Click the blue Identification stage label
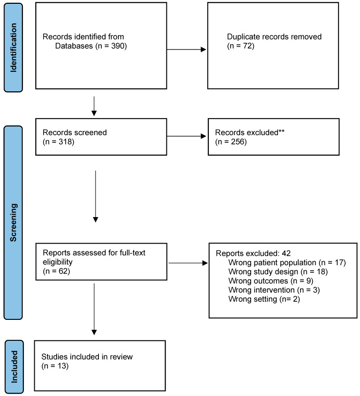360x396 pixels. pyautogui.click(x=13, y=48)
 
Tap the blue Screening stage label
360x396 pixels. pyautogui.click(x=13, y=222)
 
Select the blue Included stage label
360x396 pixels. pyautogui.click(x=14, y=366)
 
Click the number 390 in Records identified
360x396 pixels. pyautogui.click(x=118, y=46)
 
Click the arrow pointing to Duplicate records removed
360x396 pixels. pyautogui.click(x=186, y=49)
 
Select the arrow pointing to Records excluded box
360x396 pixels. pyautogui.click(x=186, y=137)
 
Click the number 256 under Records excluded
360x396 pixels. pyautogui.click(x=238, y=142)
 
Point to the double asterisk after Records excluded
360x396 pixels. pyautogui.click(x=282, y=131)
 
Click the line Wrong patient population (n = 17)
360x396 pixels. pyautogui.click(x=287, y=263)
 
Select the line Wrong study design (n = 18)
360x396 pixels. pyautogui.click(x=278, y=272)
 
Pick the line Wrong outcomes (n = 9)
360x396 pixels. pyautogui.click(x=271, y=281)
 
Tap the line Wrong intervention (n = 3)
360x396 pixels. pyautogui.click(x=274, y=290)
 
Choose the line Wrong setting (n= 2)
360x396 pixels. pyautogui.click(x=264, y=299)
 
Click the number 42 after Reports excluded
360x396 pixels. pyautogui.click(x=286, y=253)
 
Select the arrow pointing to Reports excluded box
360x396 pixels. pyautogui.click(x=188, y=263)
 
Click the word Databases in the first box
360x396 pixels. pyautogui.click(x=74, y=46)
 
